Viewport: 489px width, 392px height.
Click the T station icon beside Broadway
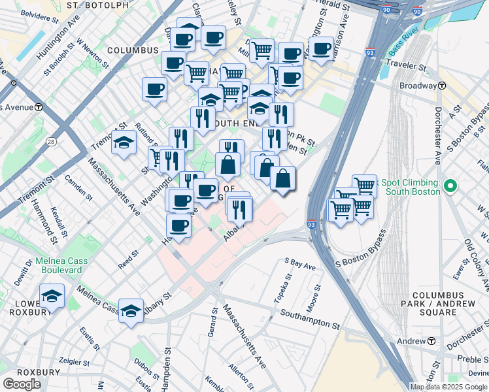pyautogui.click(x=443, y=86)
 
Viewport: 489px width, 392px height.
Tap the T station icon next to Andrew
pyautogui.click(x=431, y=342)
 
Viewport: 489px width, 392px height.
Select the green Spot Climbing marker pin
pyautogui.click(x=449, y=187)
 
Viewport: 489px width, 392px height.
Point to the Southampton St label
pyautogui.click(x=310, y=319)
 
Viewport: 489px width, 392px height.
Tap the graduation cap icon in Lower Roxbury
pyautogui.click(x=52, y=296)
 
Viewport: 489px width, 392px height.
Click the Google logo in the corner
pyautogui.click(x=22, y=384)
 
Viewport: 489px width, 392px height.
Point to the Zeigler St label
pyautogui.click(x=73, y=361)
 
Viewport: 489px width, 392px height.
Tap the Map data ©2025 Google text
pyautogui.click(x=448, y=387)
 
